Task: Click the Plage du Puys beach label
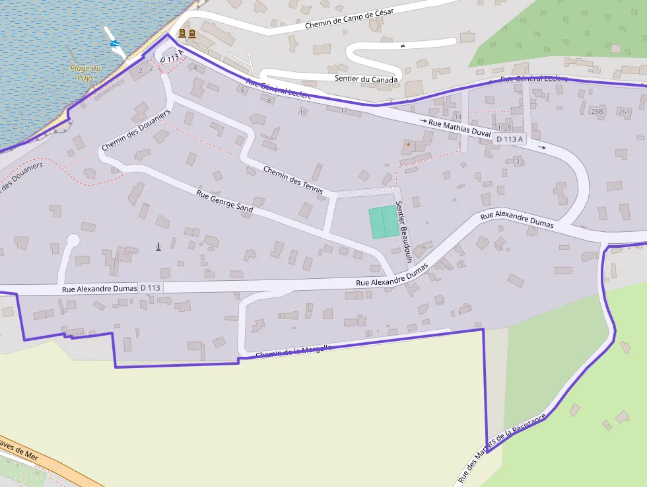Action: [x=85, y=73]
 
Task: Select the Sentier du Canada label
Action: [x=366, y=80]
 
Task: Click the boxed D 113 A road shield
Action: [x=510, y=139]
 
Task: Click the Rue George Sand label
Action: [x=224, y=201]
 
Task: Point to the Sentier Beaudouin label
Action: [x=403, y=232]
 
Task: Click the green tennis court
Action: [x=383, y=221]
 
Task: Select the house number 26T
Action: [x=624, y=112]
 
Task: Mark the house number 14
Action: [x=458, y=116]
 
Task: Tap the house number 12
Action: [x=344, y=110]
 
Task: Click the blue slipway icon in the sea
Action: [x=116, y=44]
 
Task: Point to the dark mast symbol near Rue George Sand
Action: [x=158, y=246]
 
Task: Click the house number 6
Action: [x=242, y=90]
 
